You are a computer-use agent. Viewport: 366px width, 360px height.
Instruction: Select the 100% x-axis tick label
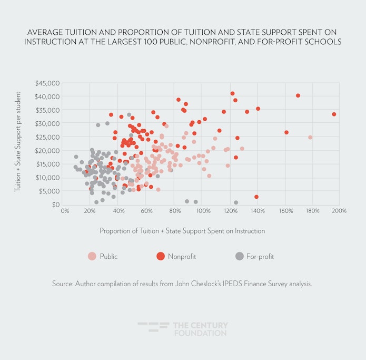[202, 211]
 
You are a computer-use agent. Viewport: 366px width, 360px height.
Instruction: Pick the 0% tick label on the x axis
[65, 211]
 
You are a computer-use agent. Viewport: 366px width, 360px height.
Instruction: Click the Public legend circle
[92, 256]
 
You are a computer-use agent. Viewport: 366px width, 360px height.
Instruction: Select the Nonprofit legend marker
[160, 256]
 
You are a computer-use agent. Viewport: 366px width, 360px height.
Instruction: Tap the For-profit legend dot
[240, 256]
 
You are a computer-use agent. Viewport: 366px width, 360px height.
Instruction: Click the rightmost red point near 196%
[334, 114]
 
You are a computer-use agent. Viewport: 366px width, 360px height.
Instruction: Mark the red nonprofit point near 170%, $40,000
[298, 95]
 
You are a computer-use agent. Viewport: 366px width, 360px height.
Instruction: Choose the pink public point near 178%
[310, 137]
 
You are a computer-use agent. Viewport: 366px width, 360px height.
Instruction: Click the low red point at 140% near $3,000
[256, 197]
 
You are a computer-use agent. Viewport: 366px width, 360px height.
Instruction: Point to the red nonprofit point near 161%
[286, 132]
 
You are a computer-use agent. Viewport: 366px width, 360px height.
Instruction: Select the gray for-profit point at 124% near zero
[236, 202]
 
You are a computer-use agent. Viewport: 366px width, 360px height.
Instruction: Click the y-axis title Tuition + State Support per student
[18, 144]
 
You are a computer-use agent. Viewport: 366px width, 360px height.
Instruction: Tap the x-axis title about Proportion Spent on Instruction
[182, 231]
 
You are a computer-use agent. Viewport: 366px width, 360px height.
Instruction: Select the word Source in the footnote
[65, 284]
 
